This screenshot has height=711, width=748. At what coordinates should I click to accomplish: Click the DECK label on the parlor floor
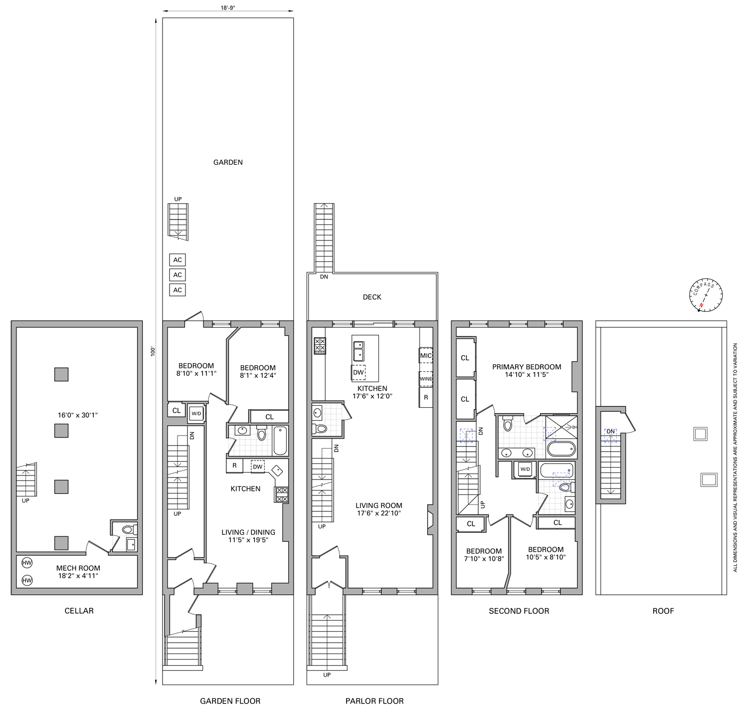click(372, 297)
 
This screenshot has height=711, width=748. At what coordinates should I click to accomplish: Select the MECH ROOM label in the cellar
click(78, 568)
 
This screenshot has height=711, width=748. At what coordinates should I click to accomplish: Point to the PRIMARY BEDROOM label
click(527, 367)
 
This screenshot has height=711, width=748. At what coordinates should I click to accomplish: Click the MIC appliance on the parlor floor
click(426, 355)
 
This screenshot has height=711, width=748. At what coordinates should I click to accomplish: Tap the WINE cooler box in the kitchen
click(426, 379)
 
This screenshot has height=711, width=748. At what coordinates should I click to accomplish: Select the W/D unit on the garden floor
click(195, 413)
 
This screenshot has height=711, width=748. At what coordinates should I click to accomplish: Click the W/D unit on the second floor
click(525, 470)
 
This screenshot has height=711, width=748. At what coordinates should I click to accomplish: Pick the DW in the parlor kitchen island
click(359, 372)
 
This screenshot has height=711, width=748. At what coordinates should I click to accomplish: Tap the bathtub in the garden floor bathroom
click(280, 440)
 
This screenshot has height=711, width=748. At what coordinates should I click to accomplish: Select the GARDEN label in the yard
click(228, 162)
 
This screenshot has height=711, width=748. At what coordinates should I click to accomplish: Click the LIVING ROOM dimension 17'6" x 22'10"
click(379, 513)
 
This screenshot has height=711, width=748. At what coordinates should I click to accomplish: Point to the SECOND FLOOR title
click(519, 611)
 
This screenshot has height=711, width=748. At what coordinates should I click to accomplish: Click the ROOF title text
click(663, 611)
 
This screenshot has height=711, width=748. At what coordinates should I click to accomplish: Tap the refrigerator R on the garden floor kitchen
click(234, 466)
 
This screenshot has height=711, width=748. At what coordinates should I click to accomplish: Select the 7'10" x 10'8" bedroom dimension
click(484, 559)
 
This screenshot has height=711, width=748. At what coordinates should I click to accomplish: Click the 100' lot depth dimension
click(154, 351)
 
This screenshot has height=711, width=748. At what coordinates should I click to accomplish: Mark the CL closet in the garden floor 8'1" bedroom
click(269, 417)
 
